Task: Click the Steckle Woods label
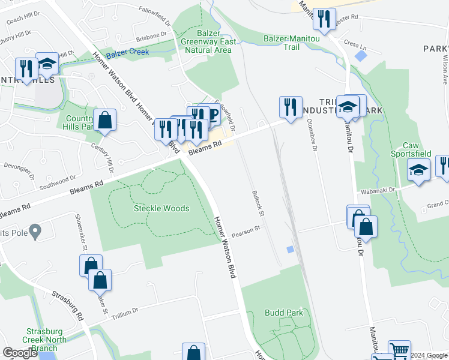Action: pyautogui.click(x=161, y=209)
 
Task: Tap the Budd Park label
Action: pyautogui.click(x=284, y=313)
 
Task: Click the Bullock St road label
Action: pyautogui.click(x=257, y=200)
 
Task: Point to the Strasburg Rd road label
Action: pyautogui.click(x=67, y=305)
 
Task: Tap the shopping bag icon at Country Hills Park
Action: pyautogui.click(x=104, y=119)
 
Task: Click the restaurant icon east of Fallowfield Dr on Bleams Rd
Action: pyautogui.click(x=291, y=107)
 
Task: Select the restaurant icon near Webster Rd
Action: pyautogui.click(x=324, y=18)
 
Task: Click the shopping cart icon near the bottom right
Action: pyautogui.click(x=399, y=350)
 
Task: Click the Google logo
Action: pyautogui.click(x=20, y=353)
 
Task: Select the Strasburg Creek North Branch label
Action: pyautogui.click(x=50, y=340)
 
